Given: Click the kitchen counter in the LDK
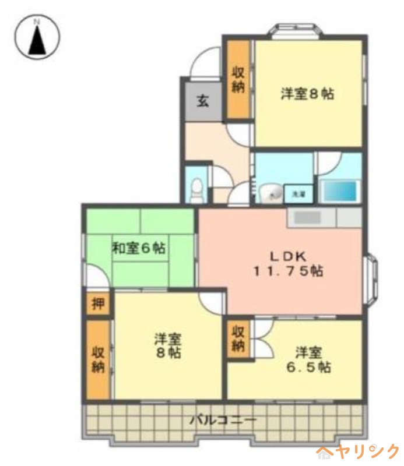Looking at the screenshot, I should point(324,217).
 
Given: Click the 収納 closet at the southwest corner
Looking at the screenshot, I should point(97,359).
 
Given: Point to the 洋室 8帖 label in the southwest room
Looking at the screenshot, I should point(167,345).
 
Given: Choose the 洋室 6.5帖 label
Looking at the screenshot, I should point(308,359).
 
